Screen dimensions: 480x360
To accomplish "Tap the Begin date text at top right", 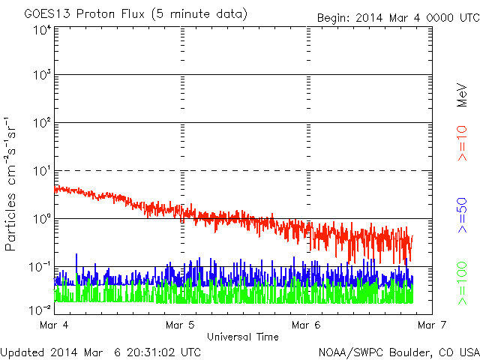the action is [398, 18].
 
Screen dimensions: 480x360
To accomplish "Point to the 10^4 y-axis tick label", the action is [42, 31].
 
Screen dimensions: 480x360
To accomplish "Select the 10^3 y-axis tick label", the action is [42, 75].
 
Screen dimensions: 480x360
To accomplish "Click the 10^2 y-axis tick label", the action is [42, 123].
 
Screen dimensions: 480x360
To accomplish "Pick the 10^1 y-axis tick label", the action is [42, 171].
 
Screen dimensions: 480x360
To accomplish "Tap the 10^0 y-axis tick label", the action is [42, 219].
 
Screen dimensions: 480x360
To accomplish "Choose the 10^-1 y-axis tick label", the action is [40, 267].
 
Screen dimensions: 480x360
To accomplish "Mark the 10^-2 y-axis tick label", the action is [40, 310].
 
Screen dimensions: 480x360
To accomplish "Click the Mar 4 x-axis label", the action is [54, 325].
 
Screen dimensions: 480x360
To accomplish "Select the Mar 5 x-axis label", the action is [180, 325].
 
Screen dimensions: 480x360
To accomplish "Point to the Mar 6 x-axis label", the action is [306, 325].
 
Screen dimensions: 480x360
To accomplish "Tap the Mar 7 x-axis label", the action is [432, 325].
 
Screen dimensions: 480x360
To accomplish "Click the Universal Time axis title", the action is [243, 337].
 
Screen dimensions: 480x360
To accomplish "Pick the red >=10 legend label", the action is [462, 143].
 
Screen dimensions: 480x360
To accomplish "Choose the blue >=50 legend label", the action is [462, 215].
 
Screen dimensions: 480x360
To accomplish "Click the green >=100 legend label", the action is [462, 283].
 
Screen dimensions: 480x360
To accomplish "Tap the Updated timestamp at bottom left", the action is [100, 352].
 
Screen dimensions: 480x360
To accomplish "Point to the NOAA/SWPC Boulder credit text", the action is [399, 352].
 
